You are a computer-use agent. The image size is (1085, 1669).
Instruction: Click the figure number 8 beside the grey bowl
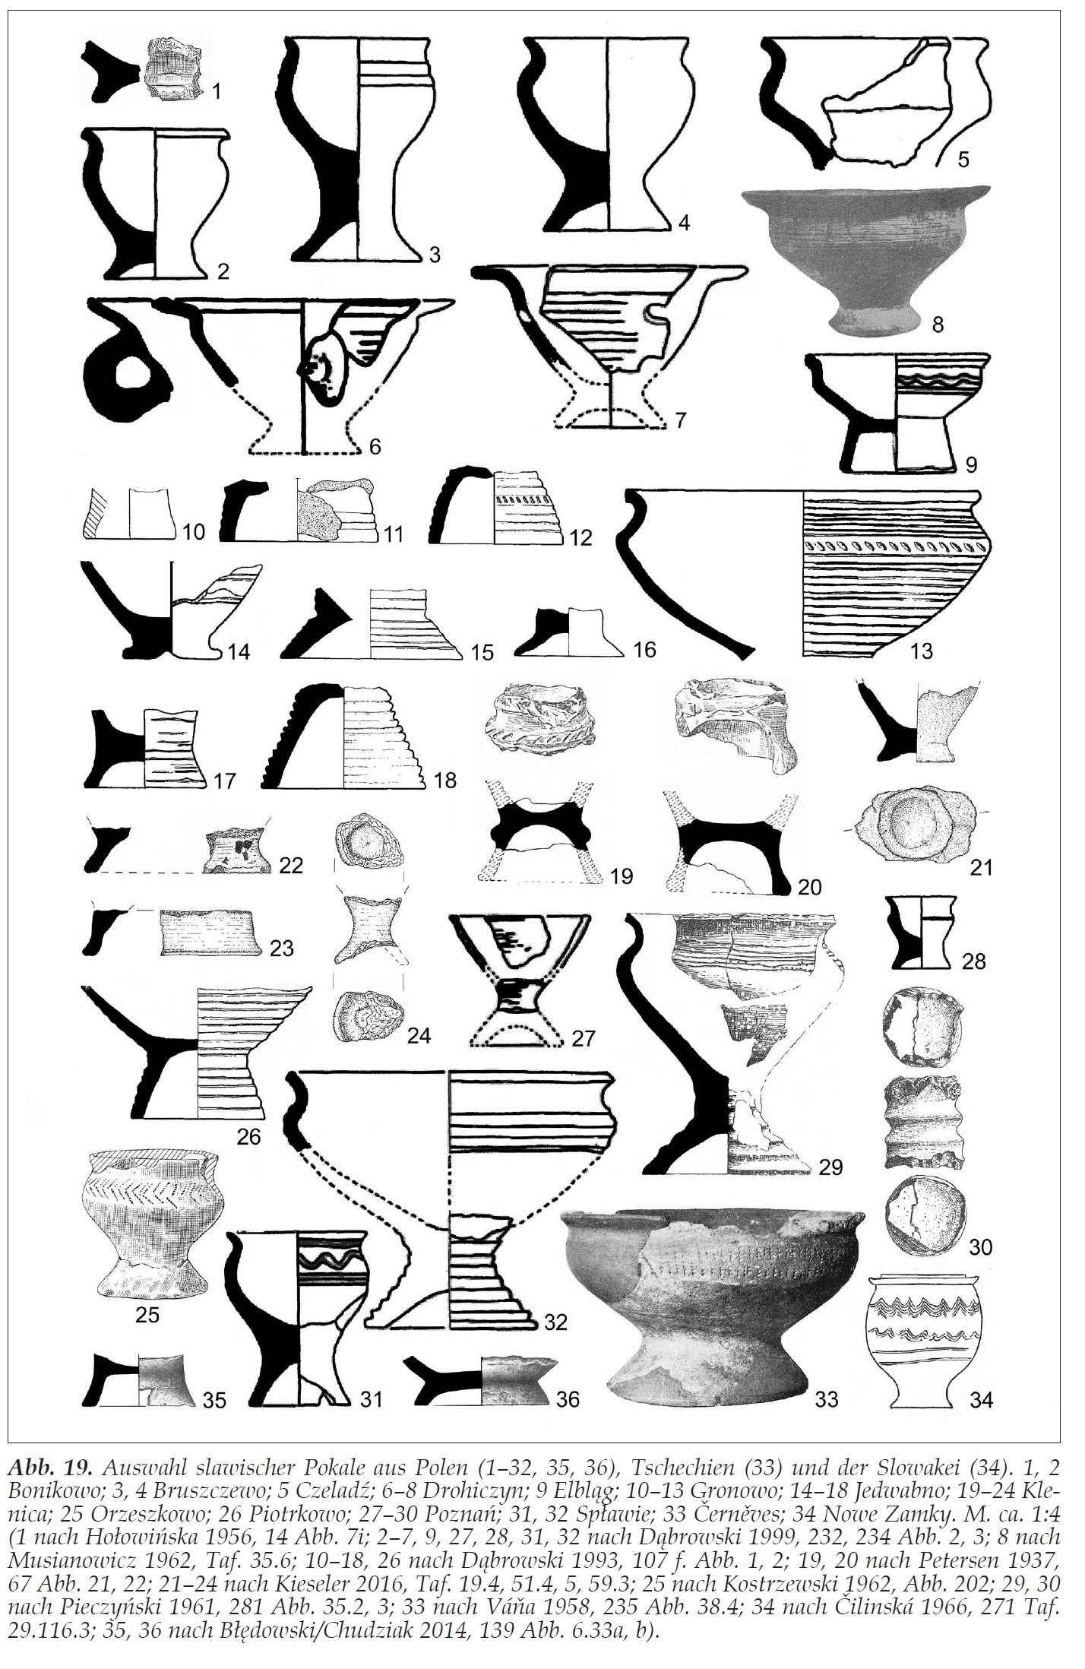click(938, 325)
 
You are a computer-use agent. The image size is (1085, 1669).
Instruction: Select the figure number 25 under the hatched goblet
click(147, 1314)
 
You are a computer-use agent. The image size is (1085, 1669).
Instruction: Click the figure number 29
click(830, 1167)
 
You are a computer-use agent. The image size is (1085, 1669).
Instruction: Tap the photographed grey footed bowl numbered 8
click(868, 258)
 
